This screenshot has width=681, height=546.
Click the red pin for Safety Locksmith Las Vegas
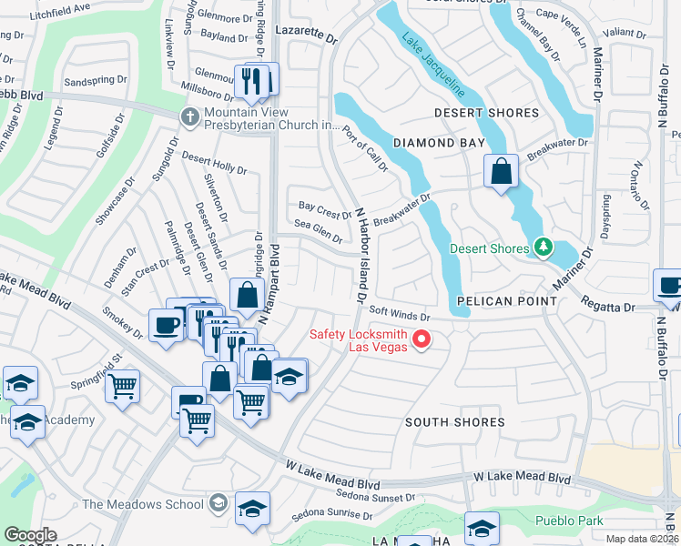click(x=422, y=340)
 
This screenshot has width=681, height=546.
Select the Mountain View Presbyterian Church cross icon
click(x=189, y=116)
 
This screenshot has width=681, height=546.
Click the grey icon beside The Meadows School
click(x=218, y=503)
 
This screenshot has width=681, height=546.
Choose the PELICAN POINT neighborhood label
click(x=506, y=300)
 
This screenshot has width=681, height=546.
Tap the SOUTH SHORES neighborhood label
click(x=454, y=422)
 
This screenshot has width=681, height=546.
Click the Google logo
click(x=30, y=535)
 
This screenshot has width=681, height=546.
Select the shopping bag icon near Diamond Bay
click(x=501, y=170)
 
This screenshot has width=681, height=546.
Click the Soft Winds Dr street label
click(x=400, y=316)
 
